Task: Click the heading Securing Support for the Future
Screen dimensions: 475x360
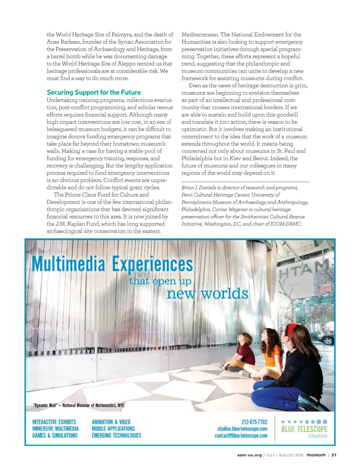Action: (x=94, y=93)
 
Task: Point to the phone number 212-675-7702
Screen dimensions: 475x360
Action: (x=254, y=422)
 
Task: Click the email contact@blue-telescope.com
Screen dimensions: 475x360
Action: (x=241, y=436)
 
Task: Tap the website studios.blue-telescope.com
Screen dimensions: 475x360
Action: (x=242, y=429)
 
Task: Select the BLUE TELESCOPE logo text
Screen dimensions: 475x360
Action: (x=304, y=429)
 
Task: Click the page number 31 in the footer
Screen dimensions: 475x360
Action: (x=334, y=455)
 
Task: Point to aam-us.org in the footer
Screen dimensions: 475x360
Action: (x=249, y=455)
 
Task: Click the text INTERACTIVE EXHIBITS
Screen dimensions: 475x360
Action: (x=54, y=422)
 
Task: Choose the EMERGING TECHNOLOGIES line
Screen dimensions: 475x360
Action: (x=116, y=436)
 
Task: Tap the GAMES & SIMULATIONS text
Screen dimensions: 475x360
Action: (x=55, y=436)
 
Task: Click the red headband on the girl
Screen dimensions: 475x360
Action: (x=292, y=329)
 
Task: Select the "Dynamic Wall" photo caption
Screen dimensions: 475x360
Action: (x=78, y=405)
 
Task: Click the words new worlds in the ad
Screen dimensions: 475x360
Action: (x=207, y=294)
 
